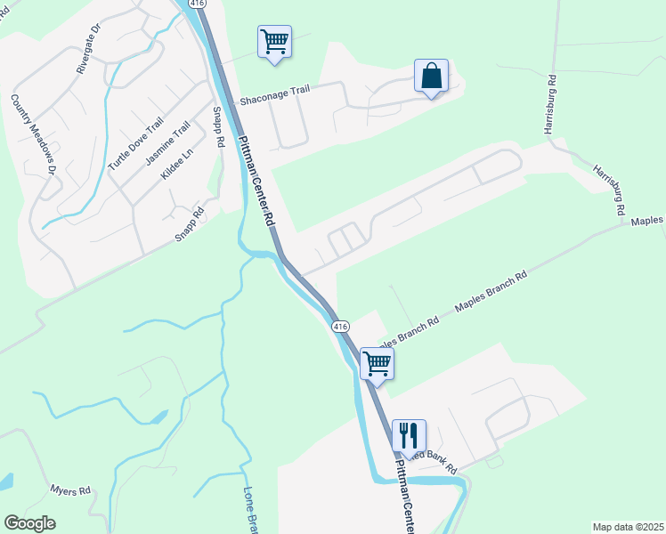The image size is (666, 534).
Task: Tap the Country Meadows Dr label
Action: pos(34,134)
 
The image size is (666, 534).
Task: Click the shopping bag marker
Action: pos(431,76)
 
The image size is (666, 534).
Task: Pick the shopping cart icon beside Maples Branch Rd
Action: pos(377,363)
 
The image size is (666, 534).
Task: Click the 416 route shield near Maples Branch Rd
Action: pos(340,327)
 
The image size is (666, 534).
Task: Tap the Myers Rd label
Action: pos(70,490)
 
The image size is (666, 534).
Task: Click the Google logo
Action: pos(29,523)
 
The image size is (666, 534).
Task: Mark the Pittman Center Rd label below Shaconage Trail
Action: pos(256,183)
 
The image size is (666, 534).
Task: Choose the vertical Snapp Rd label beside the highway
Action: pos(216,126)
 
